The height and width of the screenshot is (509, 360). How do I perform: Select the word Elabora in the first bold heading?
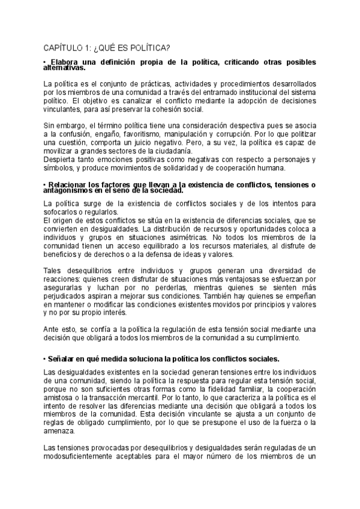[x=67, y=62]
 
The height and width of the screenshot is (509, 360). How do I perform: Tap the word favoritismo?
[x=139, y=136]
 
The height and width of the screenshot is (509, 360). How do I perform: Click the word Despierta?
[x=60, y=159]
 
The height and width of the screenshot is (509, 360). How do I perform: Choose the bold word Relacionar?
[x=71, y=182]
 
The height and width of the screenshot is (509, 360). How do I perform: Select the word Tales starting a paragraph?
[x=53, y=271]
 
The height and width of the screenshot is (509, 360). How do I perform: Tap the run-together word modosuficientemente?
[x=82, y=457]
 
